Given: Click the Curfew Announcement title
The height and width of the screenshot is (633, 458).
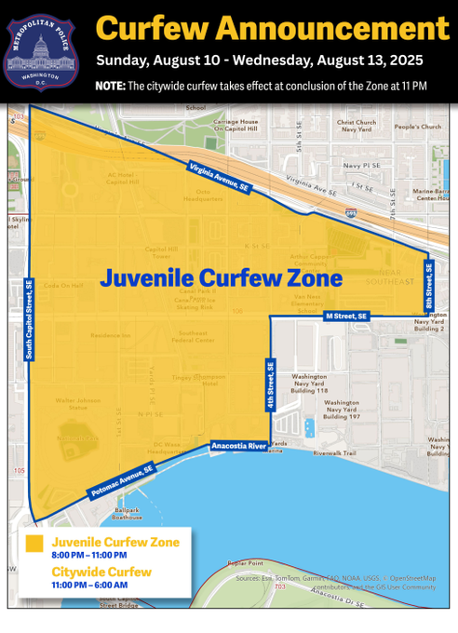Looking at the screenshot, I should tap(272, 28).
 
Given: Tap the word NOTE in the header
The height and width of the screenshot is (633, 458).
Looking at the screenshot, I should tap(109, 86).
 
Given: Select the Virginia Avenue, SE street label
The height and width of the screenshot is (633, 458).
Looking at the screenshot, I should tap(219, 176).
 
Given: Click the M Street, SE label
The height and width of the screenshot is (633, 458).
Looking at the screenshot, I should tap(346, 316).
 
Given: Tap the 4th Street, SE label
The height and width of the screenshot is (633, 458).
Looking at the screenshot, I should tap(271, 386).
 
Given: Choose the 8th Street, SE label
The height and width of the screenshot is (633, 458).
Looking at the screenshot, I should tap(429, 286).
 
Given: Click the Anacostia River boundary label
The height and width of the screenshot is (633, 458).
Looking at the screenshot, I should tap(238, 446).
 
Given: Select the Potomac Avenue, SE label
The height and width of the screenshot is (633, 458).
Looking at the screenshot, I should tap(122, 480).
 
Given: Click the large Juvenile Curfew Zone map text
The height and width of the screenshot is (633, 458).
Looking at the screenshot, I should tap(221, 278).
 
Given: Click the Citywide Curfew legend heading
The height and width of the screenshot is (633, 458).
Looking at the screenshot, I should tap(101, 571).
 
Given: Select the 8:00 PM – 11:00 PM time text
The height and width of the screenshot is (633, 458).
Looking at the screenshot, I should tap(91, 556).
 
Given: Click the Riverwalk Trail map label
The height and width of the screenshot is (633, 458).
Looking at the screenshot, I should tap(335, 453).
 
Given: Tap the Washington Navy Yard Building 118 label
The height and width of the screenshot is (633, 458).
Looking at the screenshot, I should tap(310, 384).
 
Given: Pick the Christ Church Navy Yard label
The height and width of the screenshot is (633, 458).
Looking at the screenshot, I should tap(357, 126).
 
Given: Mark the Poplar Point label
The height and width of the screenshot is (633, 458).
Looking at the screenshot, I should tap(246, 563).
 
